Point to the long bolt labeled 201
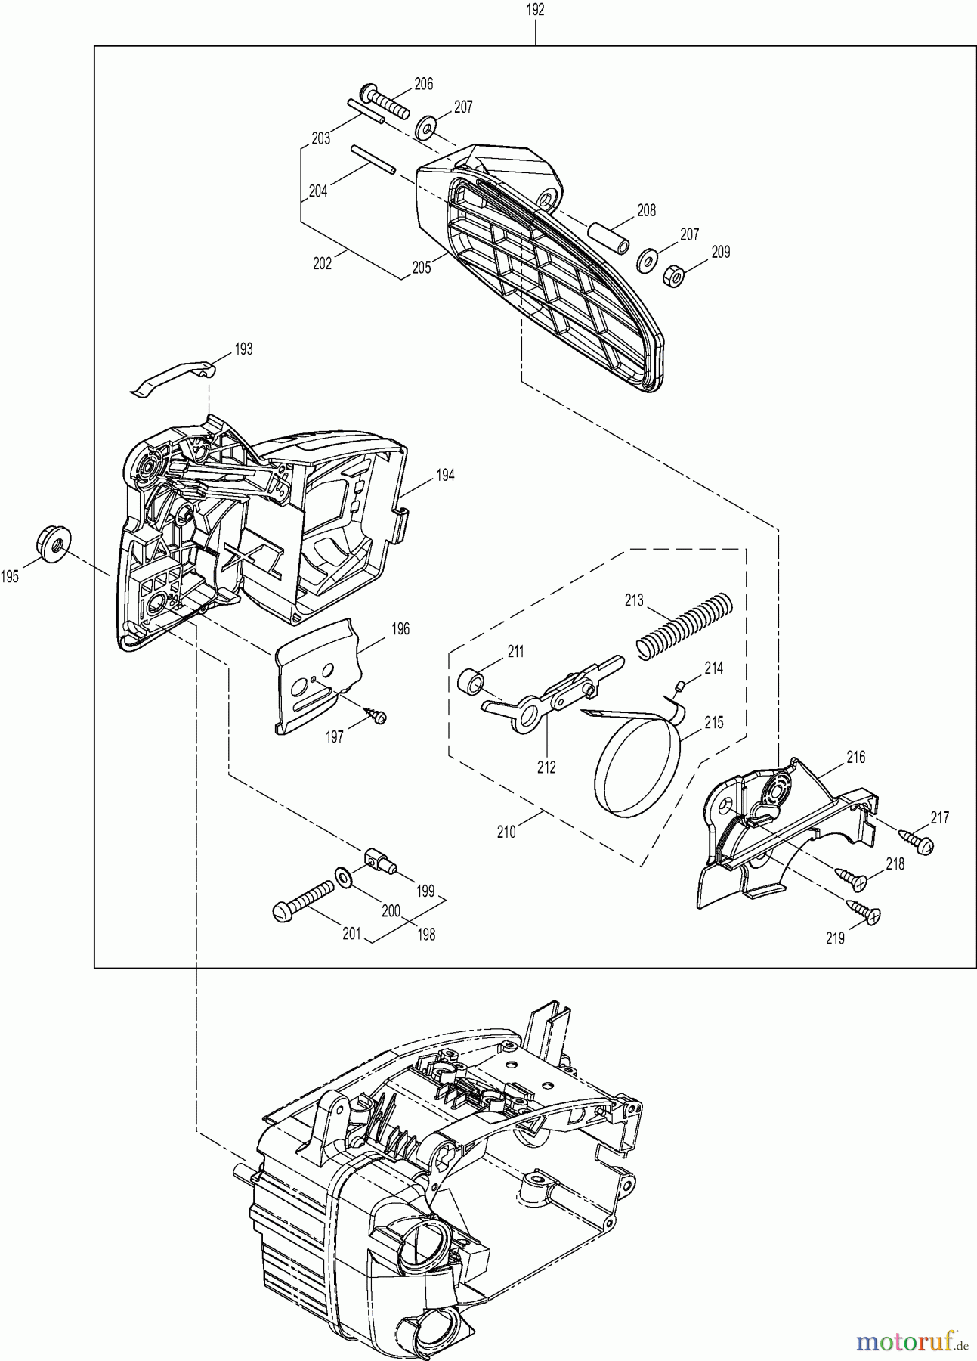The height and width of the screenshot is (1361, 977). coord(303,898)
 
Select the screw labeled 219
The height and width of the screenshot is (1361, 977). coord(861,912)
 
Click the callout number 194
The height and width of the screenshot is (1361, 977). coord(445,476)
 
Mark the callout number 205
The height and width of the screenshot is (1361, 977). coord(421,267)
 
